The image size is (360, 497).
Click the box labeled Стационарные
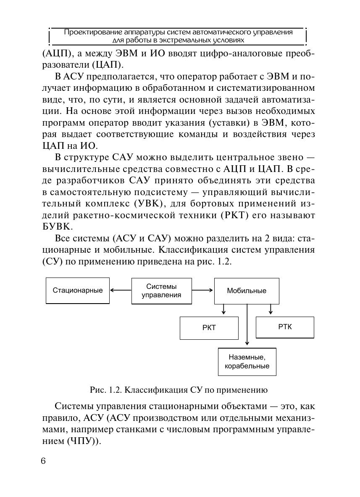point(78,291)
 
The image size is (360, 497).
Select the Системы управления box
point(162,291)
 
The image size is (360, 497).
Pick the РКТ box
point(209,328)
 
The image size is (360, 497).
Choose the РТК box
point(285,327)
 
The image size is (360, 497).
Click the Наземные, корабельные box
point(247,362)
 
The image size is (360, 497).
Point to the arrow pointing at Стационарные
point(121,290)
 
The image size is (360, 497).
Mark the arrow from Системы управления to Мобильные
point(203,290)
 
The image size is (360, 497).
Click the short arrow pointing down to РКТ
point(223,310)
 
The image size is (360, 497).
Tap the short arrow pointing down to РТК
point(271,310)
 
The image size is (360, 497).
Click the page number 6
point(43,461)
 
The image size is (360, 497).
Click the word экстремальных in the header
point(180,40)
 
